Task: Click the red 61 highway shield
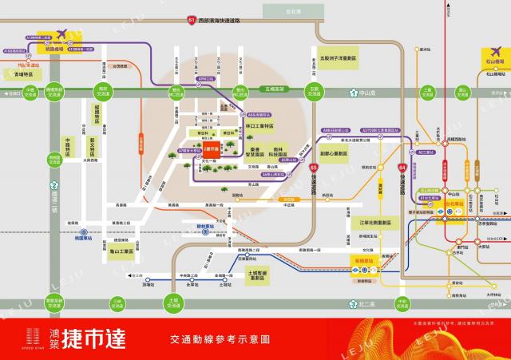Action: [191, 19]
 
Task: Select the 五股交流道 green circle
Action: [315, 90]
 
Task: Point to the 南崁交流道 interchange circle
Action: [102, 91]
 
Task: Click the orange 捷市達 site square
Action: [212, 149]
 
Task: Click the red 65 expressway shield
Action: [314, 167]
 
